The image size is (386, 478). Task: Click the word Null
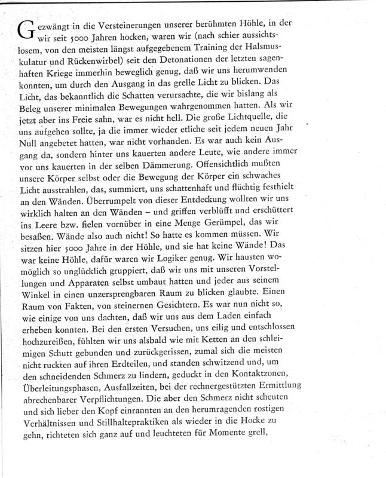click(33, 149)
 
